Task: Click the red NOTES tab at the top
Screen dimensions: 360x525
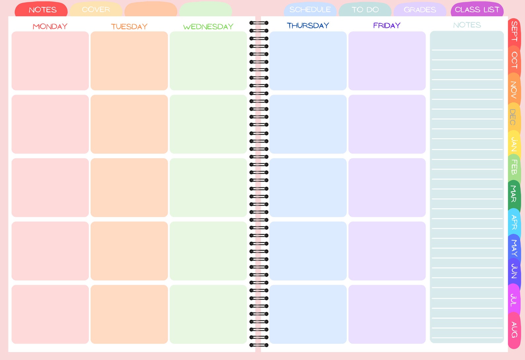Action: (x=42, y=10)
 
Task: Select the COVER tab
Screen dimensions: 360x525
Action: (x=96, y=10)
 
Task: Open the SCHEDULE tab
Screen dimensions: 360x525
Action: (x=310, y=10)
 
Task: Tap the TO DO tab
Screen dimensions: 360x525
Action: (x=365, y=10)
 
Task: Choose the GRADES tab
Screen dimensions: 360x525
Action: (x=420, y=10)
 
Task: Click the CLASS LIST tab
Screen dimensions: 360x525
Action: (x=477, y=10)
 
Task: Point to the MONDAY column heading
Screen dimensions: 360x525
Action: (x=50, y=26)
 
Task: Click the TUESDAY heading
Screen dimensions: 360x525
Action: (x=129, y=26)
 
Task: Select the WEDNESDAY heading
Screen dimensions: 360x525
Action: (x=208, y=26)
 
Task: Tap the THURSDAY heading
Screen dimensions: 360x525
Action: (x=308, y=25)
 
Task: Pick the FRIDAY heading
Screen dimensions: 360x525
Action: (x=387, y=25)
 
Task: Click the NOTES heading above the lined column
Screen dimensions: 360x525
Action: (x=467, y=25)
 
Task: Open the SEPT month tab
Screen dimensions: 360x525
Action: (x=514, y=31)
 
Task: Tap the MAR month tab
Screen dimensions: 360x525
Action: (x=514, y=194)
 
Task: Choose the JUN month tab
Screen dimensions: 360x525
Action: (x=514, y=271)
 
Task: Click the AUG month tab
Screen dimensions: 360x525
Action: (x=514, y=330)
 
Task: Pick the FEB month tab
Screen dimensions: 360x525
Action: (x=514, y=167)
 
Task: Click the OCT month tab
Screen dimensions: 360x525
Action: (x=514, y=60)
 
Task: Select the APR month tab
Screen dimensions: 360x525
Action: (x=514, y=222)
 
